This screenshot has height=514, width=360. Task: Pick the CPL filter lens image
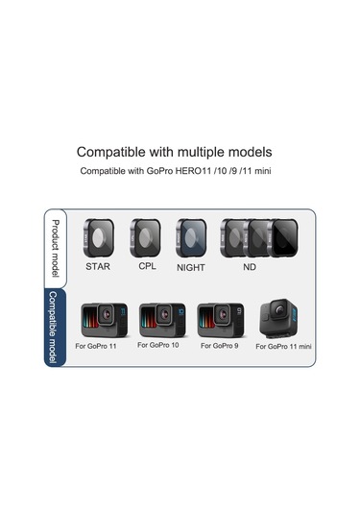point(145,235)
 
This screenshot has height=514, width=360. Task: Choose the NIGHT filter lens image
point(191,235)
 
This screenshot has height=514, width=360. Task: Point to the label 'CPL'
point(147,265)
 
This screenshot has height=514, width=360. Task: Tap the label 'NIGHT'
point(191,268)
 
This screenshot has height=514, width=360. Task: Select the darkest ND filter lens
point(285,235)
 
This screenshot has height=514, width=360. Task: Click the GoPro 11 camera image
point(104,319)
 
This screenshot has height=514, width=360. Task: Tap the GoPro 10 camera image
point(161,319)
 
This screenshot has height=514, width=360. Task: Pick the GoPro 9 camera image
point(221,319)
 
